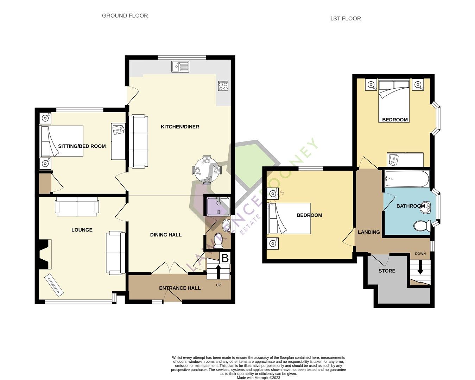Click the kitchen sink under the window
180,66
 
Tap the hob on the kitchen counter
223,86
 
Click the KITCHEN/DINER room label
180,127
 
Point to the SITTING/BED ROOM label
82,146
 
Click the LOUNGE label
82,230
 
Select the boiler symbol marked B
224,258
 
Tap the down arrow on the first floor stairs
420,269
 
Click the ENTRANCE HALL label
180,288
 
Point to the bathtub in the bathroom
407,179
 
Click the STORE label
387,271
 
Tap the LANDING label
369,232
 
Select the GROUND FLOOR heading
125,15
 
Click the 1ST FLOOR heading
345,19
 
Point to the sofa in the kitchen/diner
138,141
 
